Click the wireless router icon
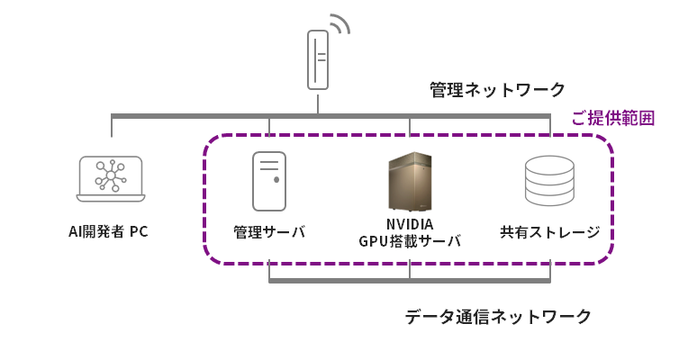pyautogui.click(x=318, y=59)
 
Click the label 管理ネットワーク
pyautogui.click(x=497, y=90)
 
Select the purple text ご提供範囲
pyautogui.click(x=613, y=118)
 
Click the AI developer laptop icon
pyautogui.click(x=111, y=179)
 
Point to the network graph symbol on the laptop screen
pyautogui.click(x=111, y=176)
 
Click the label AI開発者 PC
pyautogui.click(x=108, y=231)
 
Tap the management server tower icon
pyautogui.click(x=269, y=181)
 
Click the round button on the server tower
pyautogui.click(x=276, y=180)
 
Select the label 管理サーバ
pyautogui.click(x=269, y=232)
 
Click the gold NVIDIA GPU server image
pyautogui.click(x=409, y=181)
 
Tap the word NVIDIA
pyautogui.click(x=410, y=223)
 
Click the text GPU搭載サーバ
pyautogui.click(x=410, y=241)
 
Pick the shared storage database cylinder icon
pyautogui.click(x=549, y=180)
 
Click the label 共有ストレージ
pyautogui.click(x=550, y=232)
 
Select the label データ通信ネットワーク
pyautogui.click(x=497, y=317)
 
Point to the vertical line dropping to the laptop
pyautogui.click(x=112, y=127)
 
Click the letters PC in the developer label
pyautogui.click(x=139, y=231)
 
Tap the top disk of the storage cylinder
pyautogui.click(x=549, y=165)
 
